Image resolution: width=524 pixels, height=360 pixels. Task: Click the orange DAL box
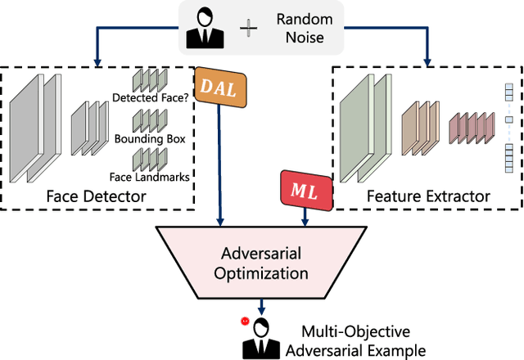click(x=214, y=88)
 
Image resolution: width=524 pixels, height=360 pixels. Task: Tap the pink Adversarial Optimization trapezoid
click(x=262, y=262)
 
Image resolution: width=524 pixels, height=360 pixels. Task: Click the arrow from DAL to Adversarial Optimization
click(x=219, y=164)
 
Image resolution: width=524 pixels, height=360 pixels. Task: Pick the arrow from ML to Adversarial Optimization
click(x=305, y=214)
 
